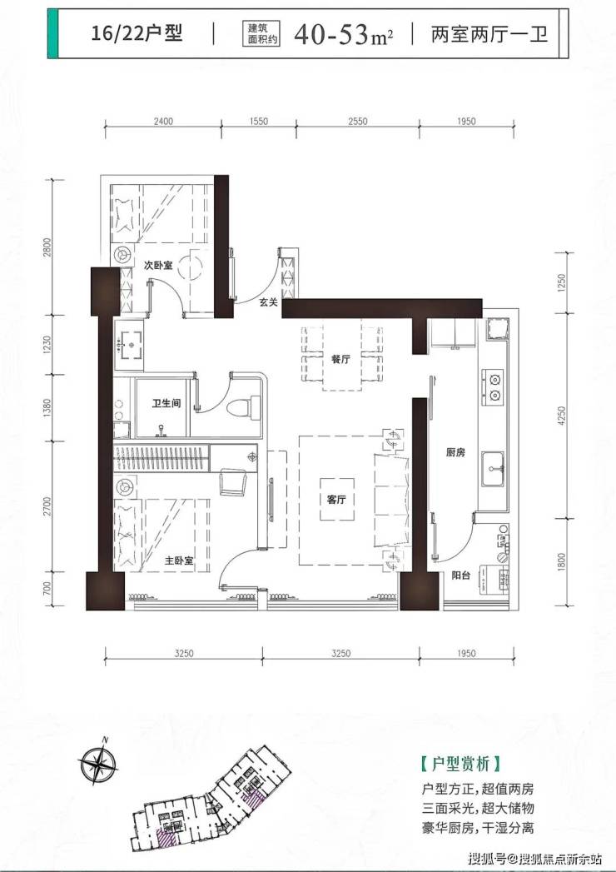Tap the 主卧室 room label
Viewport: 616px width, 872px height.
coord(179,561)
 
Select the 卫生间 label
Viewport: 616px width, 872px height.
coord(166,402)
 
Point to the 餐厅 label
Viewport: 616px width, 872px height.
coord(340,359)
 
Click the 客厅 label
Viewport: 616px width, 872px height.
coord(336,500)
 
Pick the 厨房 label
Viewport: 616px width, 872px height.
coord(455,453)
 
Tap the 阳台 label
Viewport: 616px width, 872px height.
coord(461,575)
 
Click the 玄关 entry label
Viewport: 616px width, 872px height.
coord(269,302)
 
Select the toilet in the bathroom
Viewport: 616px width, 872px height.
coord(245,406)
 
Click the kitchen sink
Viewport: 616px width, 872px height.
coord(493,469)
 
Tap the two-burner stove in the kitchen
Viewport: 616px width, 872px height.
coord(493,387)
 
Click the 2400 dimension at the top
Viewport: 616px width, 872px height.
coord(163,121)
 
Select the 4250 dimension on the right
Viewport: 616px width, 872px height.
coord(562,416)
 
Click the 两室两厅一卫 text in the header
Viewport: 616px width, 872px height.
coord(489,34)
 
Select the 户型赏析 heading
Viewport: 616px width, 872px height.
coord(460,764)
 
